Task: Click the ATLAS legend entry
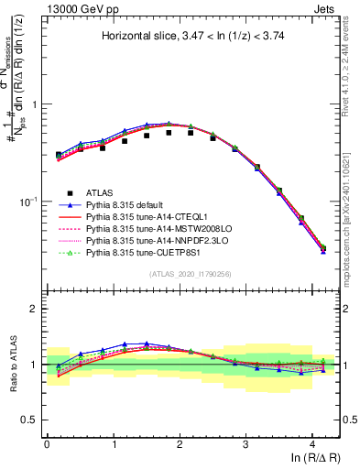coord(101,192)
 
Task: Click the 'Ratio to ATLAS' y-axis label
coord(14,365)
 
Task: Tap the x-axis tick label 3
coord(245,442)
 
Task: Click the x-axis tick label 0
coord(47,442)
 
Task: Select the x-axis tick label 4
coord(312,442)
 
